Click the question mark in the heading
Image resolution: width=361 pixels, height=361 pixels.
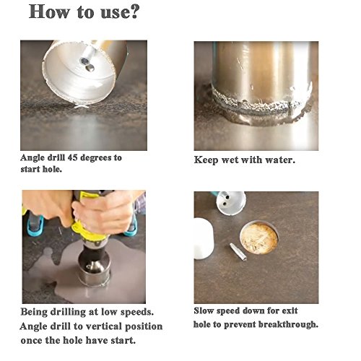pyautogui.click(x=133, y=12)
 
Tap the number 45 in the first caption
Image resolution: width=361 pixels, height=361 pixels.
pyautogui.click(x=72, y=157)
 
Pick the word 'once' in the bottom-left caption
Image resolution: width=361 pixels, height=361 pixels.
pyautogui.click(x=31, y=341)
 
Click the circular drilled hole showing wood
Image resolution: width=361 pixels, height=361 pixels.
pyautogui.click(x=259, y=238)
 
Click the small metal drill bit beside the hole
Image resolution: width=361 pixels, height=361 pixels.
pyautogui.click(x=238, y=252)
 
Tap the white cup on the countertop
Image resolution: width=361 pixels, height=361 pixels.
pyautogui.click(x=204, y=238)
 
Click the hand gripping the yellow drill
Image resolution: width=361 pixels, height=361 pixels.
pyautogui.click(x=103, y=212)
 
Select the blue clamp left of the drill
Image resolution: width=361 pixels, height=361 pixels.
pyautogui.click(x=35, y=226)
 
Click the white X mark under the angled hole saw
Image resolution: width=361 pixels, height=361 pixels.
pyautogui.click(x=82, y=106)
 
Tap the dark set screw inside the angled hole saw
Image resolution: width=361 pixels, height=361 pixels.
pyautogui.click(x=84, y=61)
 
